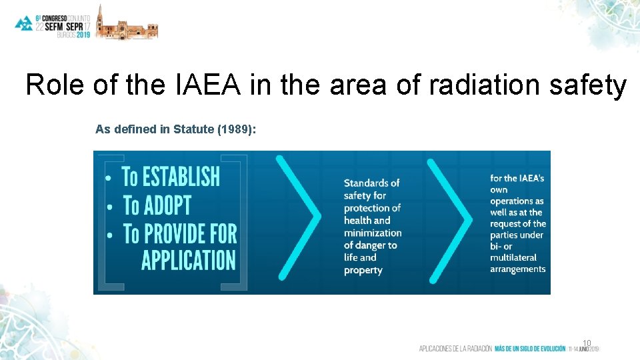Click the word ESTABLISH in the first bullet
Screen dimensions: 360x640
[x=180, y=177]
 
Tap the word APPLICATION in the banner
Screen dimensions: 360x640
[x=189, y=259]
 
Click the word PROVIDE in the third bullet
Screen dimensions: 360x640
[x=176, y=234]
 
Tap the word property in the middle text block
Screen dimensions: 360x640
[x=363, y=270]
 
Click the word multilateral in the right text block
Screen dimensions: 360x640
[x=517, y=257]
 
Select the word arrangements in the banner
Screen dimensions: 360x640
[x=518, y=269]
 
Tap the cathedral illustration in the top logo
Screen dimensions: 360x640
[x=127, y=23]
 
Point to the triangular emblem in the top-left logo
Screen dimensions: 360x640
[x=24, y=23]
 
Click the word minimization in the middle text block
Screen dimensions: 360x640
[x=373, y=233]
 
